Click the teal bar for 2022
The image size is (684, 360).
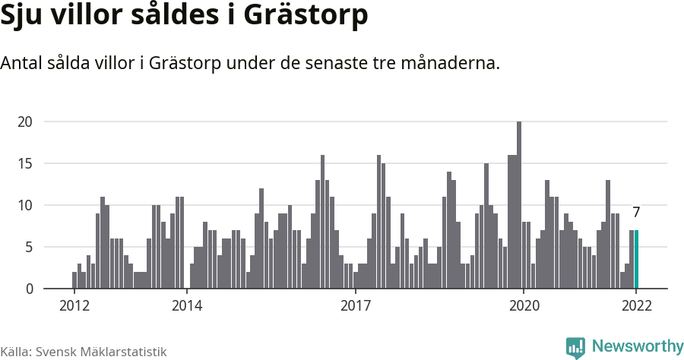tap(636, 259)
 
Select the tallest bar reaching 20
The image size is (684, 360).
tap(519, 205)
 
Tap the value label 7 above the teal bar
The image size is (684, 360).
tap(636, 213)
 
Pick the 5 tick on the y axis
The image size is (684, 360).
tap(29, 247)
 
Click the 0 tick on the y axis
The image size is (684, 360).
tap(29, 289)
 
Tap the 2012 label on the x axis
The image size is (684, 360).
tap(74, 306)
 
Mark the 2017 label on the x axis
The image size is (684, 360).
tap(355, 306)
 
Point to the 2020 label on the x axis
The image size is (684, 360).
tap(524, 306)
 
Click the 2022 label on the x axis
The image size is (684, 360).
tap(636, 306)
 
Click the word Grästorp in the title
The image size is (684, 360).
tap(311, 17)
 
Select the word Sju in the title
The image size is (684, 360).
tap(23, 17)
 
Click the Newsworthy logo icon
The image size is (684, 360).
tap(575, 348)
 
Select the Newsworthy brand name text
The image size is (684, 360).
tap(637, 347)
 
